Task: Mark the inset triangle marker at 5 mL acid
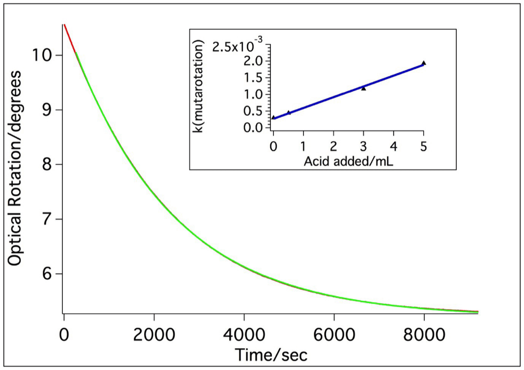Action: (424, 63)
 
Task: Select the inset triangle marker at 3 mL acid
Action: (363, 88)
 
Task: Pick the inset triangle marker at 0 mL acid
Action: (273, 117)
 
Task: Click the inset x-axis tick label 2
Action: (334, 144)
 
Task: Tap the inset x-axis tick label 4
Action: (393, 144)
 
